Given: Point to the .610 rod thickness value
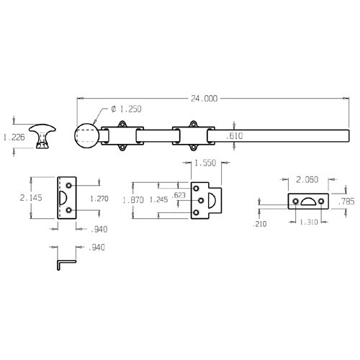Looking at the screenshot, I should [x=235, y=135].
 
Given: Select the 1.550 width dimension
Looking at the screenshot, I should [x=204, y=164].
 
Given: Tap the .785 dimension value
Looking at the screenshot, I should [x=346, y=202].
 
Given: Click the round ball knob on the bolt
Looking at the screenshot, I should [x=88, y=135].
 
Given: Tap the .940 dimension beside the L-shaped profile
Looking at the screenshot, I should [x=95, y=248].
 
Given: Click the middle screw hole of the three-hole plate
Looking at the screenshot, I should [x=197, y=201].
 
